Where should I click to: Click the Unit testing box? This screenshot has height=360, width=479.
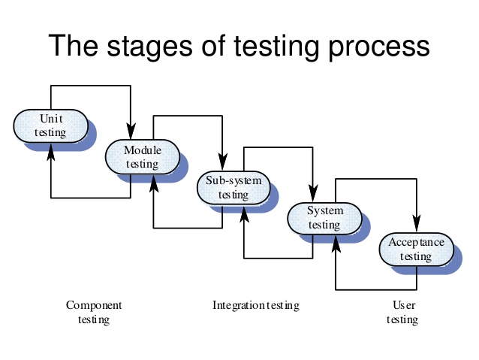pos(50,126)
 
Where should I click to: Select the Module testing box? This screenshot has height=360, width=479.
pos(142,156)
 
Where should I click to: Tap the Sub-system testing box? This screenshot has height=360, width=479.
pos(233,187)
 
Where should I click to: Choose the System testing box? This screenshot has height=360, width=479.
pos(325,217)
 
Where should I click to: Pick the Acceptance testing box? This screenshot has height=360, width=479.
pos(416,249)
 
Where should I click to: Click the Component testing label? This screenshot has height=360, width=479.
pos(94,313)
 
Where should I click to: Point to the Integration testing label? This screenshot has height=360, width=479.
pos(255,306)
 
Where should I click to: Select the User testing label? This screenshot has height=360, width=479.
pos(402,313)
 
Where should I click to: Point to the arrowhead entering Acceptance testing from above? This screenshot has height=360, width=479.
pos(417,228)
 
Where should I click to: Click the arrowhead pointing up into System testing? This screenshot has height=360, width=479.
pos(334,239)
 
